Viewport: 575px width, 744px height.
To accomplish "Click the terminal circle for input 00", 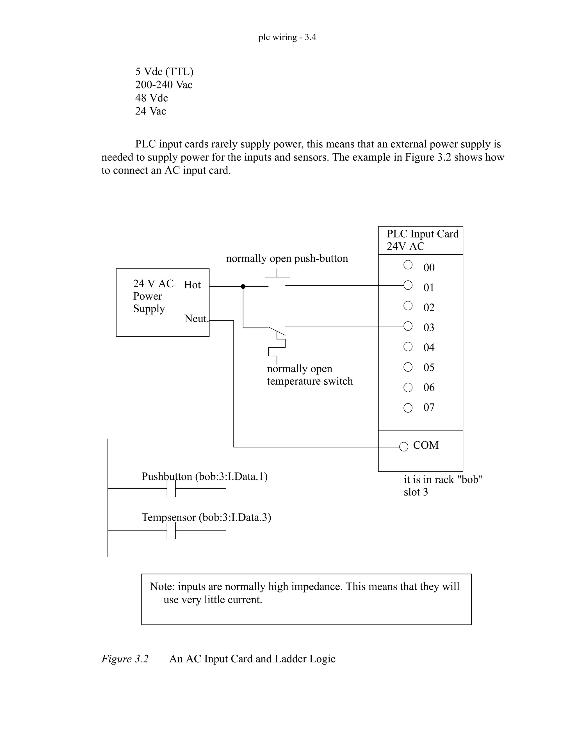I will click(408, 265).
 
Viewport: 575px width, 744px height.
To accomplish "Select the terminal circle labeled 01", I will click(408, 285).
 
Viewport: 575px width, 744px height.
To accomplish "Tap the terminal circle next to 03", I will click(408, 326).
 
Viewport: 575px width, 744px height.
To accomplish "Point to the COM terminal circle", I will click(404, 447).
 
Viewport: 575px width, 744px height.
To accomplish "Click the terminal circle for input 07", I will click(408, 408).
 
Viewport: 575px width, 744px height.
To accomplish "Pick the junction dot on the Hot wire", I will click(243, 286).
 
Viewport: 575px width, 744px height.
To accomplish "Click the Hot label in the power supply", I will click(192, 285).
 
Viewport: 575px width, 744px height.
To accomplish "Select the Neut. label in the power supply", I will click(196, 319).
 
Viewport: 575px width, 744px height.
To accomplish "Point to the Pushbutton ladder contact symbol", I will click(171, 488).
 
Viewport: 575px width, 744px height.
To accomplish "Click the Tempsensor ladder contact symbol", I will click(171, 530).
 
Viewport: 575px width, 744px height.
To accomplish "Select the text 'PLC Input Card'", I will click(422, 234).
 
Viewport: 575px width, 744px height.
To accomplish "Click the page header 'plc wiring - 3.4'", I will click(287, 37).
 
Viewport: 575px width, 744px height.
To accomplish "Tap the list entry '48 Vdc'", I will click(152, 98).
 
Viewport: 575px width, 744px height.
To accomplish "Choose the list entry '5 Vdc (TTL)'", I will click(164, 72).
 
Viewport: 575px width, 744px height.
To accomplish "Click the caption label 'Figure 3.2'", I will click(125, 659).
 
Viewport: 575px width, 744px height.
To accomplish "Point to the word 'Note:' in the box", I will click(163, 586).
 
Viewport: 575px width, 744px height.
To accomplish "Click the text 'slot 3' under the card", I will click(416, 492).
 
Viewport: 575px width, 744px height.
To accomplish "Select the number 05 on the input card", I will click(429, 368).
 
